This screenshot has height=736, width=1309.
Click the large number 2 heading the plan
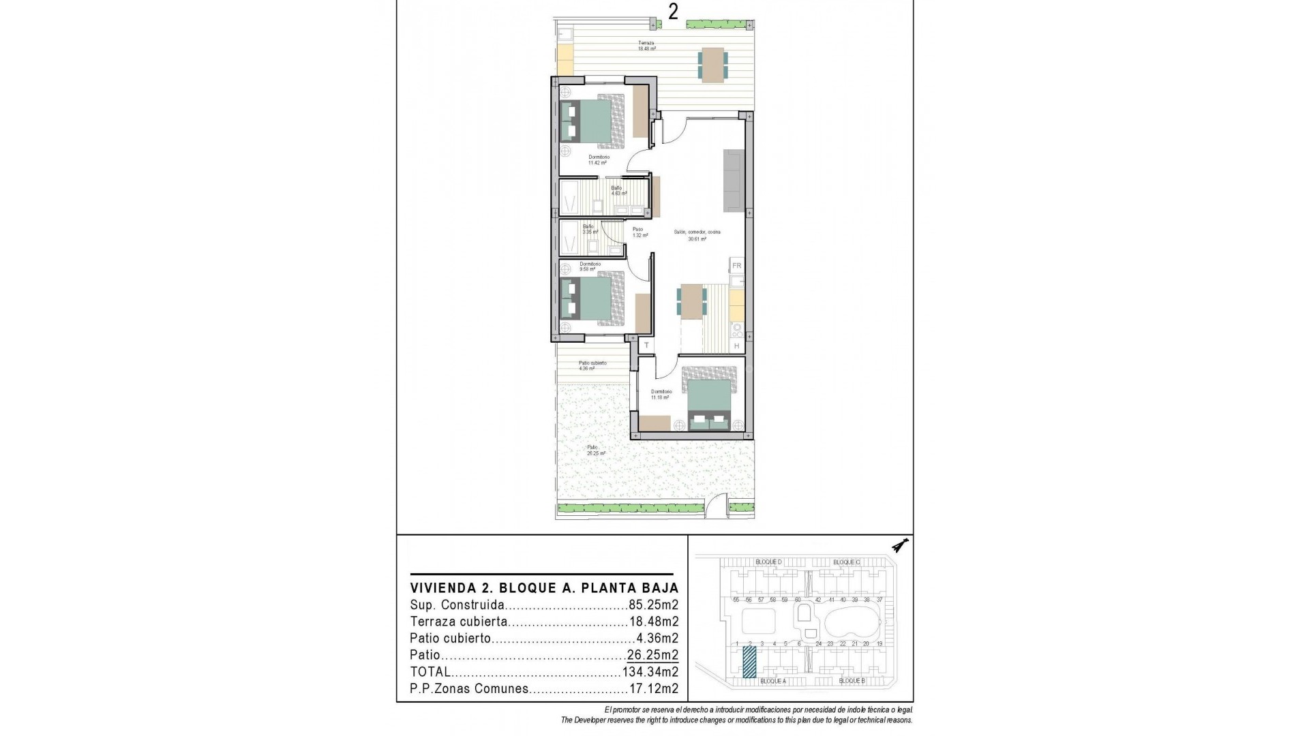673,13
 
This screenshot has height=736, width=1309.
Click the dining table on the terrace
712,65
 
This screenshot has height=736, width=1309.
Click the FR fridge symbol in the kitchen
736,266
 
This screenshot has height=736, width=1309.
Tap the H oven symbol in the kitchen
736,346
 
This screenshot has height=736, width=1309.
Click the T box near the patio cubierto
646,346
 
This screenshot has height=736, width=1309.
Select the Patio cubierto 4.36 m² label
592,366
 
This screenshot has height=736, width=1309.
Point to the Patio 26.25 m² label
596,450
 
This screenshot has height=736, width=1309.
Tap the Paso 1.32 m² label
639,232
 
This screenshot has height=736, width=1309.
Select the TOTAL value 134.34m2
650,672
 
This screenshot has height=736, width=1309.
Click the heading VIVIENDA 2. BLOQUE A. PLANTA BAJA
544,588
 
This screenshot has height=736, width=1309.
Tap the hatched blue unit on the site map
749,662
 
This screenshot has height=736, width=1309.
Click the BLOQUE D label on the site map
768,562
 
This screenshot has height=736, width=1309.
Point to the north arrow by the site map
901,545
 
